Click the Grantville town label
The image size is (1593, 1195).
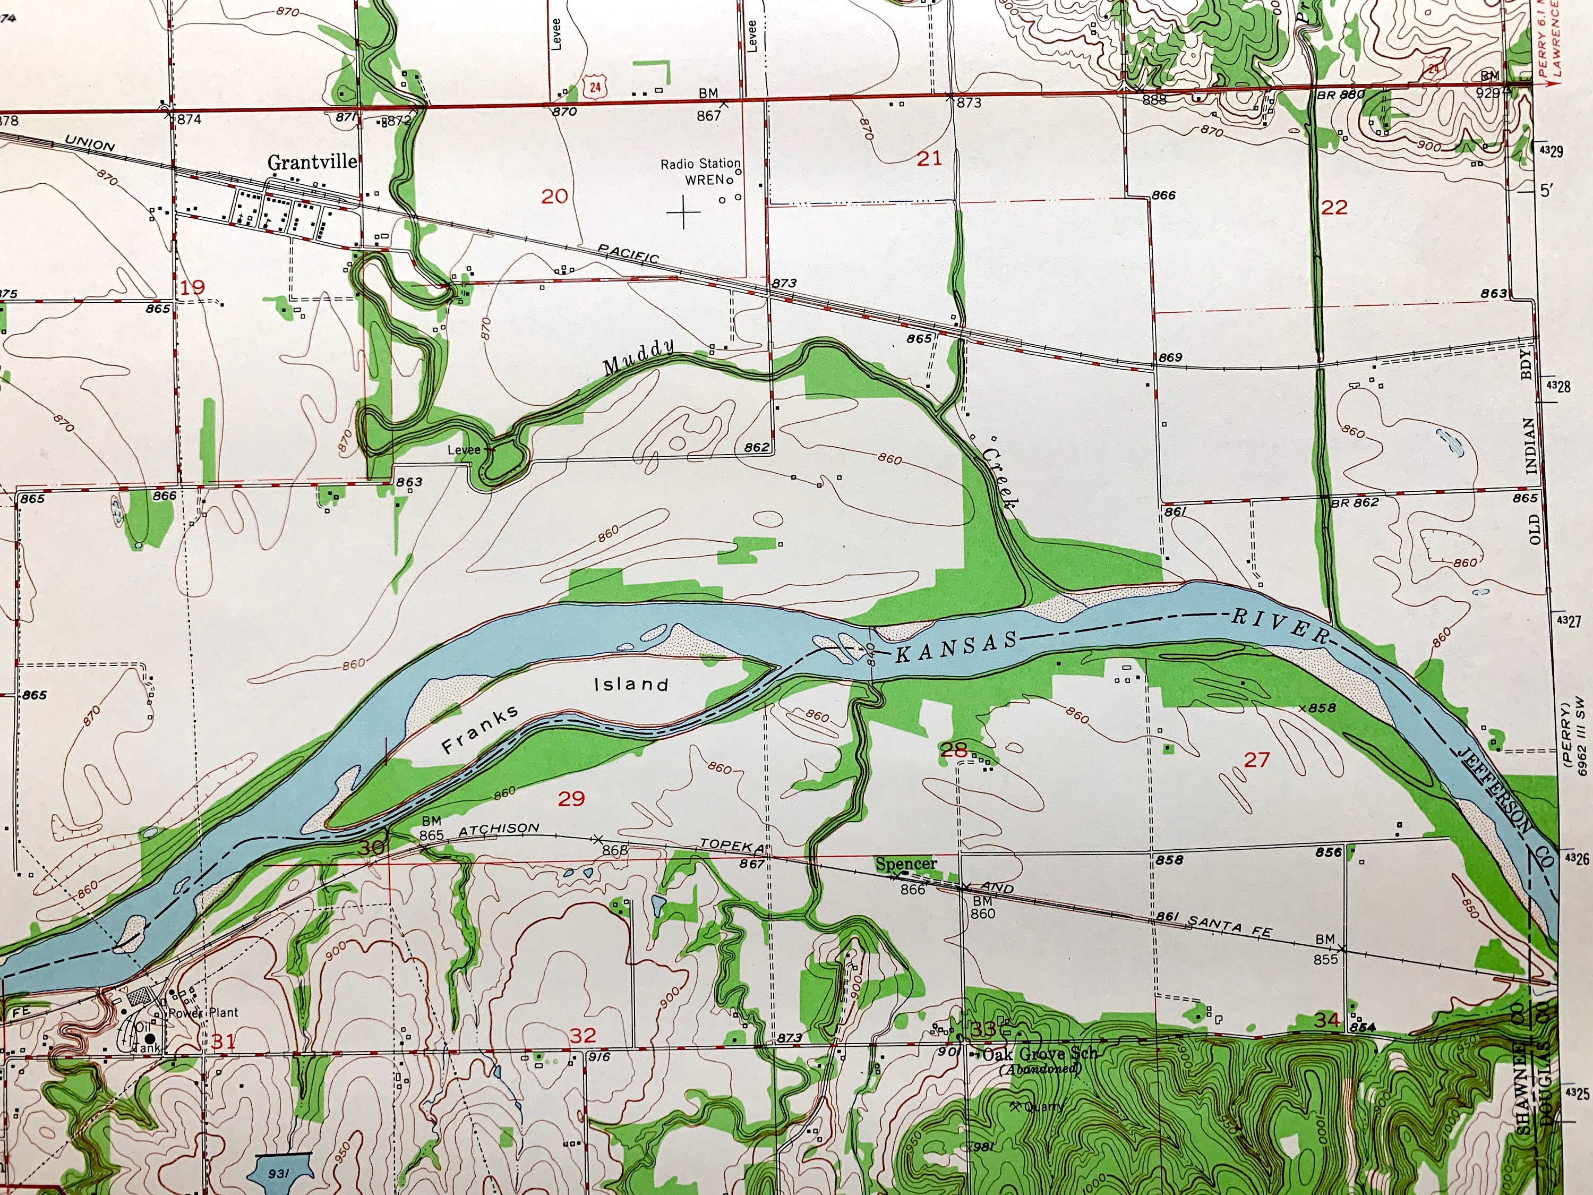312,162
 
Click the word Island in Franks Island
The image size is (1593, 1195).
631,684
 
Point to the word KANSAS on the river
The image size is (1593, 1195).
956,647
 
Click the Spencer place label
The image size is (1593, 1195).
906,864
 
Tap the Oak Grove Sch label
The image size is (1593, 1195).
1040,1054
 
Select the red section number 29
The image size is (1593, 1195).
572,798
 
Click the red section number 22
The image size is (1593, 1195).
1334,208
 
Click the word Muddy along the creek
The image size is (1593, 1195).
639,356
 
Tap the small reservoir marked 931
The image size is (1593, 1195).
278,1173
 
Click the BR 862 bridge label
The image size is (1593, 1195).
1354,502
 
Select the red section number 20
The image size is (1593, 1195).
554,196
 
